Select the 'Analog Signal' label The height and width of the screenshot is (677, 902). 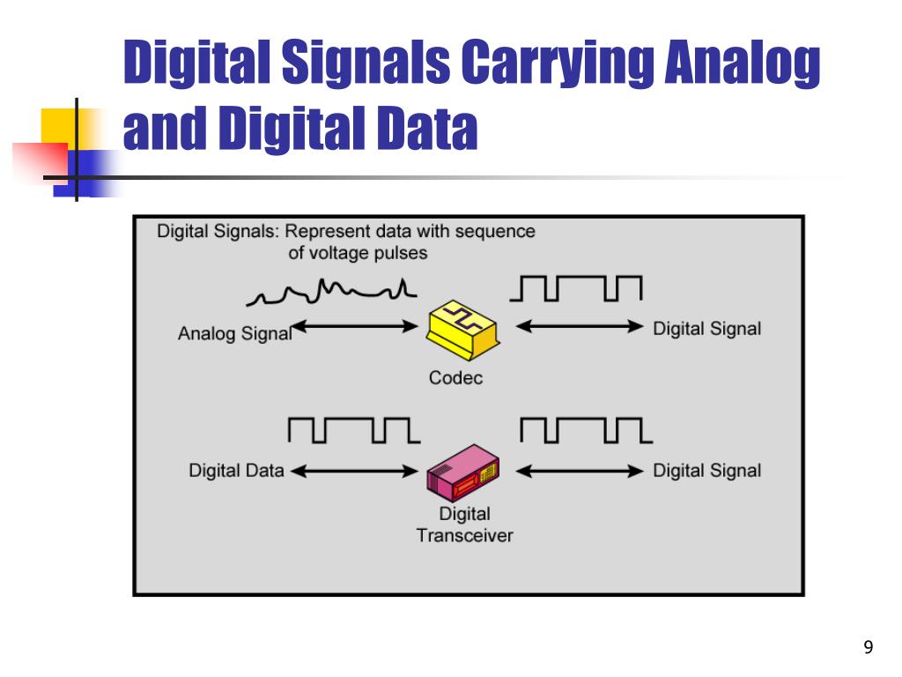coord(234,334)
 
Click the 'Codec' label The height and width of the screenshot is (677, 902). coord(455,379)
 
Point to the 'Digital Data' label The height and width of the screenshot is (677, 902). coord(236,471)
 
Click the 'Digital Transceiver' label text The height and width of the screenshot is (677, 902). coord(464,524)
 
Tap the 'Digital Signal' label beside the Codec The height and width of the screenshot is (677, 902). coord(706,329)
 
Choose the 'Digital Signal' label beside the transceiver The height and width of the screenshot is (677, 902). coord(706,471)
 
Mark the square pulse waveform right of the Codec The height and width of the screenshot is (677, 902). coord(580,287)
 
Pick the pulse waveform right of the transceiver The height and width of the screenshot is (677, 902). coord(586,429)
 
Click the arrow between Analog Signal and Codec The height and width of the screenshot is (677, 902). coord(355,327)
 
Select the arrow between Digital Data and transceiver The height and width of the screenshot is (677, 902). coord(353,471)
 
